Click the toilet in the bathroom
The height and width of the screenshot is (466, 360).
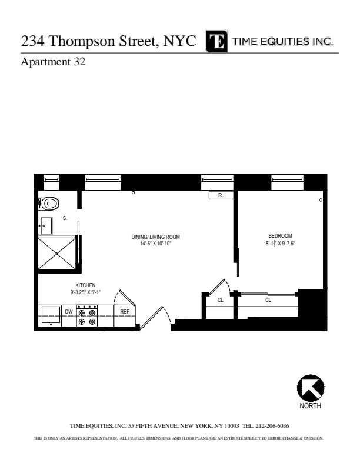point(51,204)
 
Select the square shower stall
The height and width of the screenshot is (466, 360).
point(57,253)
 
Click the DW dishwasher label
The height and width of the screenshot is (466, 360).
point(69,312)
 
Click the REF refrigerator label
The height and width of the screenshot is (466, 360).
point(125,312)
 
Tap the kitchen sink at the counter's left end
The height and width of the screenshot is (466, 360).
point(51,315)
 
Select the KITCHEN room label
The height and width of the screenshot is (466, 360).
point(85,285)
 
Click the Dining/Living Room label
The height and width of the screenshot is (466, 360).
point(155,237)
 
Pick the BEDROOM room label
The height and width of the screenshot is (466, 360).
point(279,236)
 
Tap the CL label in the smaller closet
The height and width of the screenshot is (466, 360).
point(221,300)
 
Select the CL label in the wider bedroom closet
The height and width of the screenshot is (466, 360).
point(268,300)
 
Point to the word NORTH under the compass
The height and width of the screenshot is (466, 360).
point(310,407)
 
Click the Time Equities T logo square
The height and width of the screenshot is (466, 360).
point(217,42)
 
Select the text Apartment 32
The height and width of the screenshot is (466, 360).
point(53,62)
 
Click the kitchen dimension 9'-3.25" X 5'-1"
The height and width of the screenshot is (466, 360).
point(85,292)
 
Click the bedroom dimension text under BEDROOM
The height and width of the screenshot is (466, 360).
point(279,243)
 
